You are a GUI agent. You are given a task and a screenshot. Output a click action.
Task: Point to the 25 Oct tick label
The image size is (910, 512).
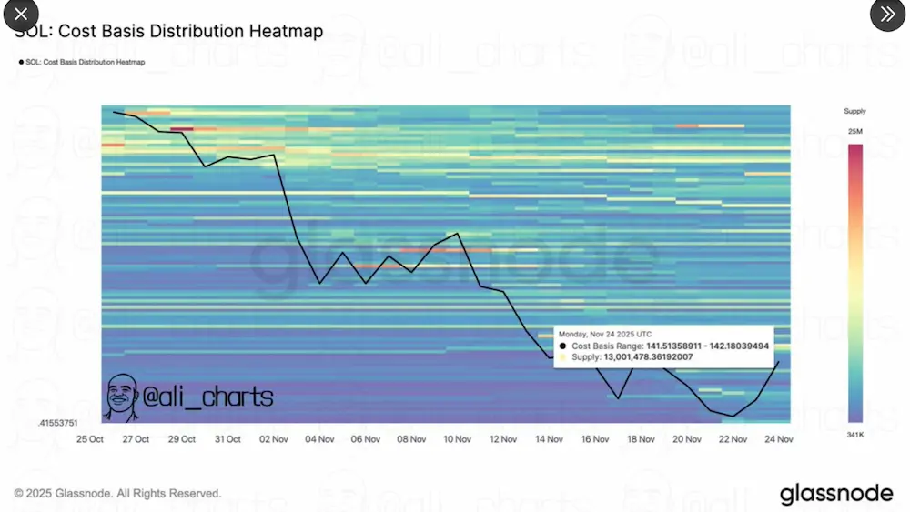pyautogui.click(x=89, y=438)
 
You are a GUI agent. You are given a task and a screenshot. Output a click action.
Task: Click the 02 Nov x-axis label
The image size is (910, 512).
pyautogui.click(x=274, y=438)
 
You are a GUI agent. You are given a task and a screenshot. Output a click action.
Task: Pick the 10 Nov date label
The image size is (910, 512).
pyautogui.click(x=457, y=438)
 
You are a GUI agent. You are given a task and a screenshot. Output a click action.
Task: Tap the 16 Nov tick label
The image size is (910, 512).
pyautogui.click(x=595, y=438)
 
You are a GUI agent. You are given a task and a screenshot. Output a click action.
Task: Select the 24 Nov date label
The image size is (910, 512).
pyautogui.click(x=779, y=438)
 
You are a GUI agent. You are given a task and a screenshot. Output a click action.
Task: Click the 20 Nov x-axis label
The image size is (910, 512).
pyautogui.click(x=687, y=438)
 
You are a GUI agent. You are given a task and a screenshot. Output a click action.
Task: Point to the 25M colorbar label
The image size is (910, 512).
pyautogui.click(x=854, y=133)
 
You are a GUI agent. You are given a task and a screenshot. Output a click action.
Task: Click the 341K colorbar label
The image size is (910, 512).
pyautogui.click(x=854, y=436)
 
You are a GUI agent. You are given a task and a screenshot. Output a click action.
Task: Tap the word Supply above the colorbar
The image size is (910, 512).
pyautogui.click(x=854, y=111)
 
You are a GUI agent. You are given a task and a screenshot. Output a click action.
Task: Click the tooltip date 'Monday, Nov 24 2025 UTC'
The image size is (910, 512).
pyautogui.click(x=605, y=334)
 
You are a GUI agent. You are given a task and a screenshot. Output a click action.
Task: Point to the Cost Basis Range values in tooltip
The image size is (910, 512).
pyautogui.click(x=708, y=346)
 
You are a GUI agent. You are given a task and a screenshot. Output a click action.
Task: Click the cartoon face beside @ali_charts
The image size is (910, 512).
pyautogui.click(x=122, y=397)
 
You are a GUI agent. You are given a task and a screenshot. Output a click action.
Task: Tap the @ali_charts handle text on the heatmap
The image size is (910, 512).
pyautogui.click(x=208, y=397)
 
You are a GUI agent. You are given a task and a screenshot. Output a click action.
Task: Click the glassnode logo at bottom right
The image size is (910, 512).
pyautogui.click(x=836, y=494)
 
